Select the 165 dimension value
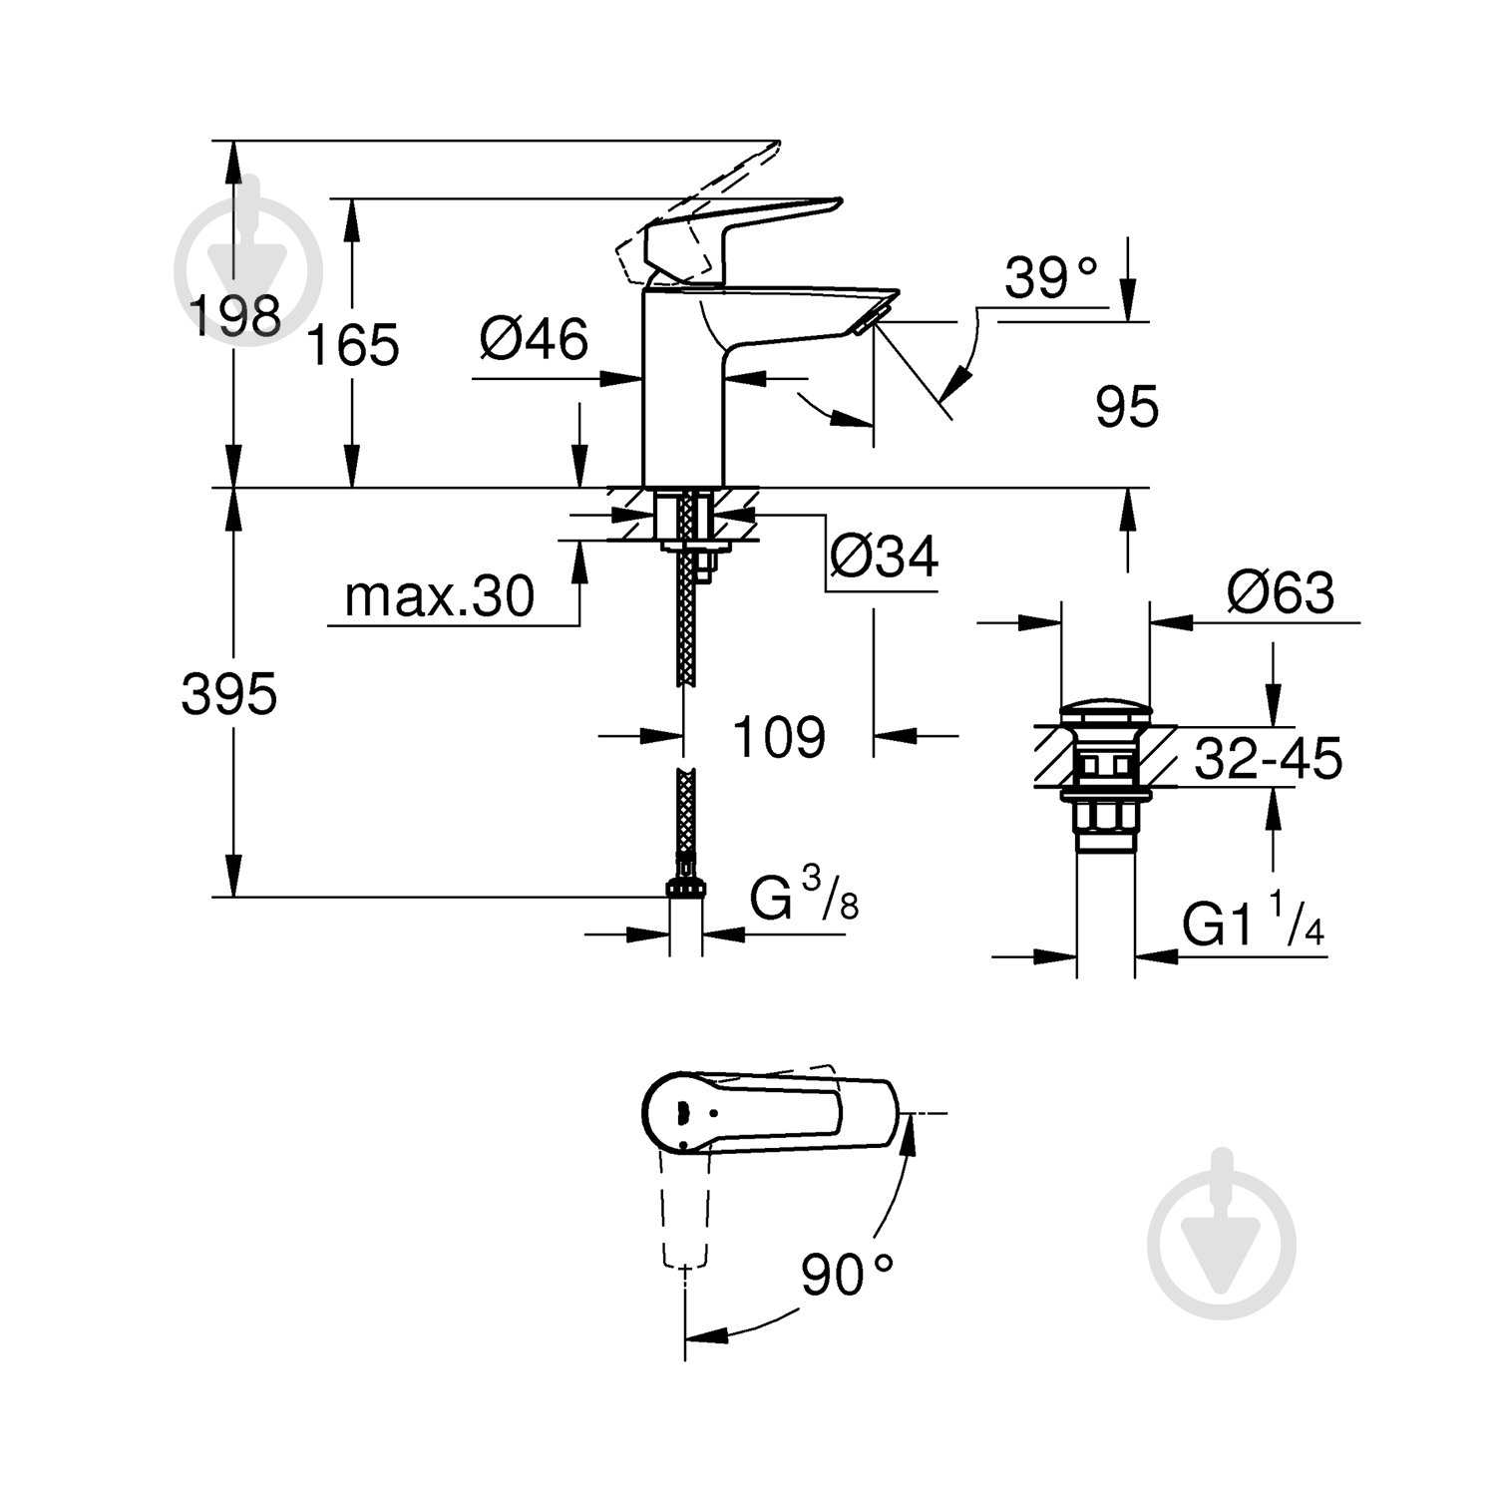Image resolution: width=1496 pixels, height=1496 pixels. coord(352,346)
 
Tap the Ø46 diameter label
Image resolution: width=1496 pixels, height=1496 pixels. coord(534,340)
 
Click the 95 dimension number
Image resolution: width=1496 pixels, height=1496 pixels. coord(1127,407)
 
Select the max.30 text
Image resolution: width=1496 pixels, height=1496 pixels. coord(439,597)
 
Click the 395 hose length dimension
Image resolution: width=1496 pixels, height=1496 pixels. coord(228,694)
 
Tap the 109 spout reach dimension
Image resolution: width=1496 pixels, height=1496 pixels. coord(779,737)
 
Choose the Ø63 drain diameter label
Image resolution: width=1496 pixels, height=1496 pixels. coord(1281,594)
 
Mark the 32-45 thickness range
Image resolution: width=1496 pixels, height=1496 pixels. coord(1268,760)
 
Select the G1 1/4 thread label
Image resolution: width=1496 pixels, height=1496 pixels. coord(1253,928)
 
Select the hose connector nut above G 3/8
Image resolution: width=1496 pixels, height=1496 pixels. coord(684,887)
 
